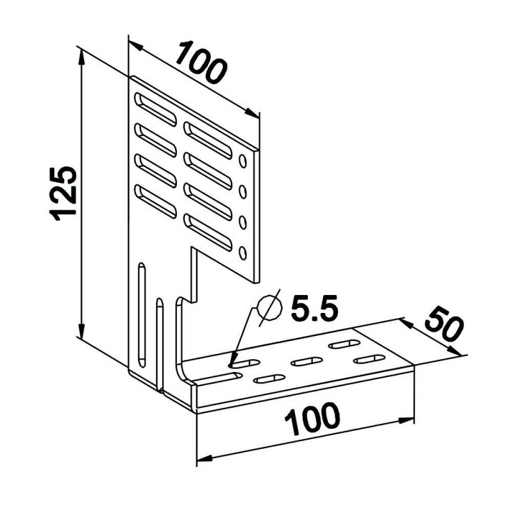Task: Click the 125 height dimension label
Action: coord(63,194)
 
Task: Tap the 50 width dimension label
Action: coord(444,324)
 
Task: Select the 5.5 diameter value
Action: coord(314,308)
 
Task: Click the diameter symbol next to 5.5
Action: coord(269,308)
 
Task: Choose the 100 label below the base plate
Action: coord(312,419)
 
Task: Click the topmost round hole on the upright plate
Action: coord(243,161)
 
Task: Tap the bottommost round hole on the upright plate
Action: coord(243,253)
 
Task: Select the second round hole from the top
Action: coord(243,192)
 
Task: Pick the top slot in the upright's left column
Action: coord(155,109)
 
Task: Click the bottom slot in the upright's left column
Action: coord(155,201)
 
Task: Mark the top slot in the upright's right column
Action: coord(208,140)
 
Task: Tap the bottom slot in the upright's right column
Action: coord(208,232)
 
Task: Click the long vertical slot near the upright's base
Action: coord(142,314)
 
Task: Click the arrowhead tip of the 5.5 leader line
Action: coord(231,366)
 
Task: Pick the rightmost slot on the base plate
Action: coord(369,359)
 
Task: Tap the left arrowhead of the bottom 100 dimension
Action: coord(205,458)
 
